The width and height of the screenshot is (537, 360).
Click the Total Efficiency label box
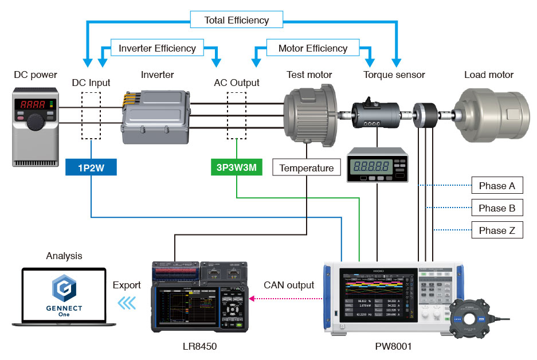[x=236, y=20]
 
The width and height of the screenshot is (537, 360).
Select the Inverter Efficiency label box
[x=157, y=48]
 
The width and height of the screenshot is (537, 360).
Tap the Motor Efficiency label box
[x=313, y=48]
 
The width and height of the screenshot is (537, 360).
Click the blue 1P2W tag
[x=92, y=167]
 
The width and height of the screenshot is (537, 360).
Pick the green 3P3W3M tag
[x=236, y=167]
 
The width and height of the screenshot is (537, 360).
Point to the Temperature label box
[x=307, y=168]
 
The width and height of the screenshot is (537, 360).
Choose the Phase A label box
[x=496, y=186]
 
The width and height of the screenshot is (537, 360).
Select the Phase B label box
[x=496, y=208]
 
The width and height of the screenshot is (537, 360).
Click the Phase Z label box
[x=496, y=230]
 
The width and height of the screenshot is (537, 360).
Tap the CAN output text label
[x=289, y=285]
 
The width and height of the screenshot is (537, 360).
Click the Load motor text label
[x=488, y=75]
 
